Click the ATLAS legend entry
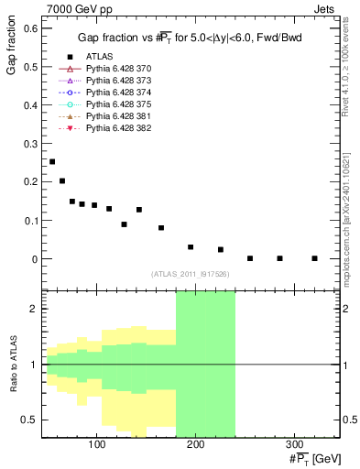[x=99, y=57]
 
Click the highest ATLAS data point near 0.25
[x=52, y=161]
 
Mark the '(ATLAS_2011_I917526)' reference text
[x=191, y=273]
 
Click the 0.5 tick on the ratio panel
[x=31, y=420]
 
